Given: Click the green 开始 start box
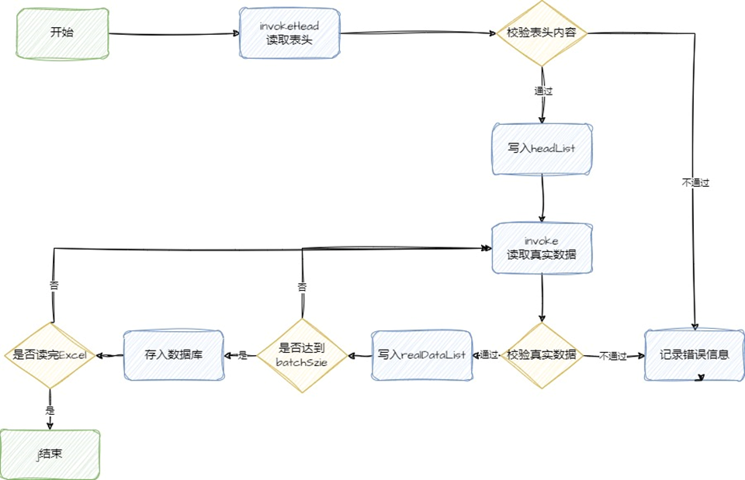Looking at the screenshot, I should click(62, 33).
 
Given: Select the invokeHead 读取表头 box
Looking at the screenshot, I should click(289, 33).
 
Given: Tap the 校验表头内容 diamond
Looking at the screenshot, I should click(542, 33).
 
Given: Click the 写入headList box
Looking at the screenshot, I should click(542, 147).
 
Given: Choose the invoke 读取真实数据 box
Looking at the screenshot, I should click(542, 248).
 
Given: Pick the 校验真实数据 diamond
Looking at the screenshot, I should click(542, 355).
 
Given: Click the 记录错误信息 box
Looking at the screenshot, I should click(694, 355).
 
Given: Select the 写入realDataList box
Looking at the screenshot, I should click(421, 355).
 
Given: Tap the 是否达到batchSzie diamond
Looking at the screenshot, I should click(301, 355).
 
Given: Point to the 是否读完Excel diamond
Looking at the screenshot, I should click(51, 355).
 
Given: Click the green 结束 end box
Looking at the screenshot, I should click(51, 453).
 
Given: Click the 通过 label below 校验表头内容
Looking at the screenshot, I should click(542, 91).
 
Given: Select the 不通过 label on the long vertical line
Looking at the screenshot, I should click(695, 183).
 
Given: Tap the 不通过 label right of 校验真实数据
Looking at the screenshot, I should click(612, 356).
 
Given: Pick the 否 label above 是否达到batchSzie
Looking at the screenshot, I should click(301, 286).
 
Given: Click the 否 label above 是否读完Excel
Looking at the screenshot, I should click(53, 284).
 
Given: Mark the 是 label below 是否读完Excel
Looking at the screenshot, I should click(50, 409).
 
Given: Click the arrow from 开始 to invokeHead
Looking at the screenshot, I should click(175, 34).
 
